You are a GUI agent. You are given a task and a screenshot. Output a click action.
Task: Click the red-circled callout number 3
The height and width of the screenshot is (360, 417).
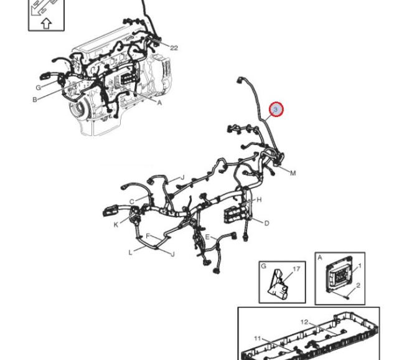(276, 110)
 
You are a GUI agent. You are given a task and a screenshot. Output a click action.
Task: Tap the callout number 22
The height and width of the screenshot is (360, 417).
(174, 48)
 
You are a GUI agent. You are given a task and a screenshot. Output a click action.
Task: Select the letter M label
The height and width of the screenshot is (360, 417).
(293, 173)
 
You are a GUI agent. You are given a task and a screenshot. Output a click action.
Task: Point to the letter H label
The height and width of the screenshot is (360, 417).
(259, 199)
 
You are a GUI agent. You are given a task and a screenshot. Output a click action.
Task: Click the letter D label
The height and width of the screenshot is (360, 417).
(266, 223)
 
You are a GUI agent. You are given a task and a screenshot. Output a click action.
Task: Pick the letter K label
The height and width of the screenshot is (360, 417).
(116, 225)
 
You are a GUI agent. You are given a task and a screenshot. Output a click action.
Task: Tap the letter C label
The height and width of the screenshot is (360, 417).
(132, 202)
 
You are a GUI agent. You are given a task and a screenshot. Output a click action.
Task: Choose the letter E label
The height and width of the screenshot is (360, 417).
(207, 237)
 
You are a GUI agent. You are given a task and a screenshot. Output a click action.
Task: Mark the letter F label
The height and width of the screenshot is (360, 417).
(148, 235)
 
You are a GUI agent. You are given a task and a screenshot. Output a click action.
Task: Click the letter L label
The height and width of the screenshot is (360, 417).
(130, 252)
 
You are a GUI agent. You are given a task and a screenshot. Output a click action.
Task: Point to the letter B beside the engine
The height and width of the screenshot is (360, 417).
(35, 100)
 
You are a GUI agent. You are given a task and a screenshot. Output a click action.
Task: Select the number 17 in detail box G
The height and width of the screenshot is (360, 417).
(296, 269)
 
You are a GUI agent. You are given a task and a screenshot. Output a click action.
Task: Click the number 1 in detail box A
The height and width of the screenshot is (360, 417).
(360, 265)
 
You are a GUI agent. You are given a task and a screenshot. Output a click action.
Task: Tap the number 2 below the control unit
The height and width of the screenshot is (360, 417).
(358, 285)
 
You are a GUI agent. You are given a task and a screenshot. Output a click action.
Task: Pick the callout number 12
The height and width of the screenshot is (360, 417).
(304, 322)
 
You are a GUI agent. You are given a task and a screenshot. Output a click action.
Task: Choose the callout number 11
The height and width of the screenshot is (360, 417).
(257, 338)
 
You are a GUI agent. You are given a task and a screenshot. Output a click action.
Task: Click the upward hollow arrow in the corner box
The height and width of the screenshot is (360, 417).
(46, 24)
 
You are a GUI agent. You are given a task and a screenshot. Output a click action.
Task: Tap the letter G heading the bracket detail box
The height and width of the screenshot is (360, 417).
(263, 266)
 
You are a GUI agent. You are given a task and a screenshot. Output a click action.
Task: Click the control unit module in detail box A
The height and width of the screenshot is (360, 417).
(339, 275)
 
